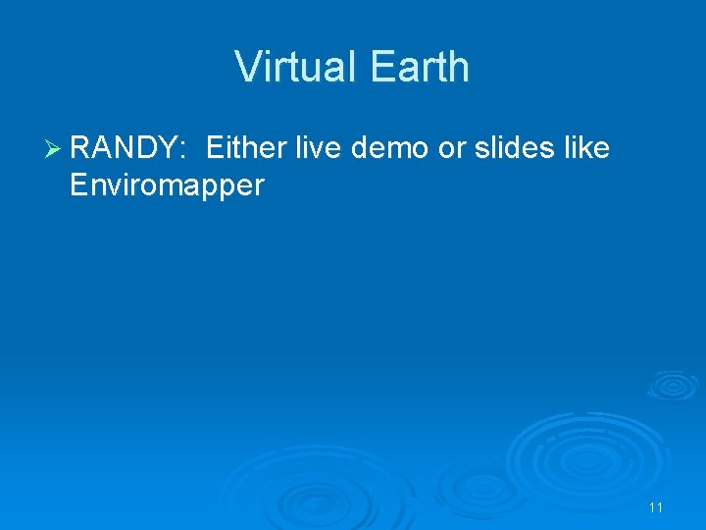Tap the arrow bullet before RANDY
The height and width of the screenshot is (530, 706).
(x=53, y=149)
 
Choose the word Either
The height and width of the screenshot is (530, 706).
(x=244, y=149)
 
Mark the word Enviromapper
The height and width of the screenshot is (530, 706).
(x=167, y=185)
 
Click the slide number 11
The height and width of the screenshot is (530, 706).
(x=656, y=507)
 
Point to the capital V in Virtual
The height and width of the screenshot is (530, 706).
(x=247, y=67)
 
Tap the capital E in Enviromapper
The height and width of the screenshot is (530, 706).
(x=78, y=185)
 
